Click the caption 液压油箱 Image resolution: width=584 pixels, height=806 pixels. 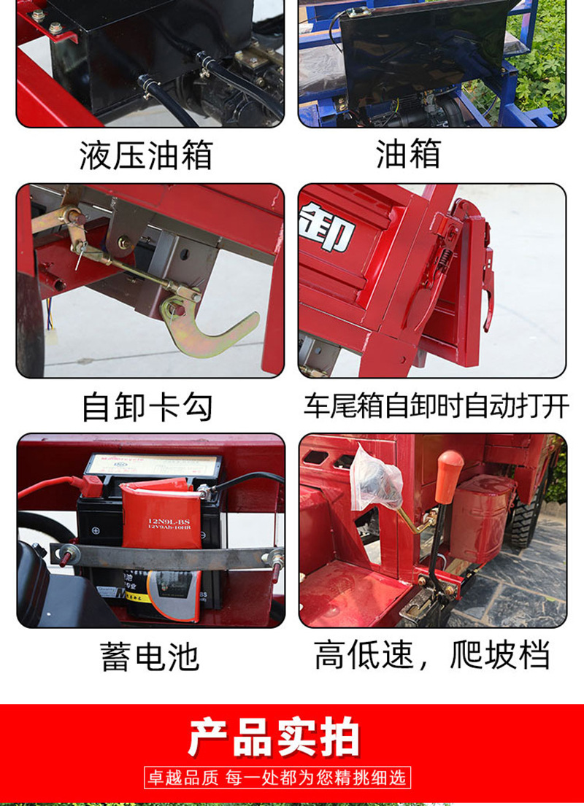(x=146, y=155)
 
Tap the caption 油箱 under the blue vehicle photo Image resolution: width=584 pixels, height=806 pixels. (x=409, y=154)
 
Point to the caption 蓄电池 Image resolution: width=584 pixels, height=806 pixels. (x=150, y=656)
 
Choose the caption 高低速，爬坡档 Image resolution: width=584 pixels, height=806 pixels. (x=432, y=654)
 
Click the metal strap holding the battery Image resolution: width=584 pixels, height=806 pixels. (x=168, y=556)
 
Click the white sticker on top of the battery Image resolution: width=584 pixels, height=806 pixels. (x=153, y=464)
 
